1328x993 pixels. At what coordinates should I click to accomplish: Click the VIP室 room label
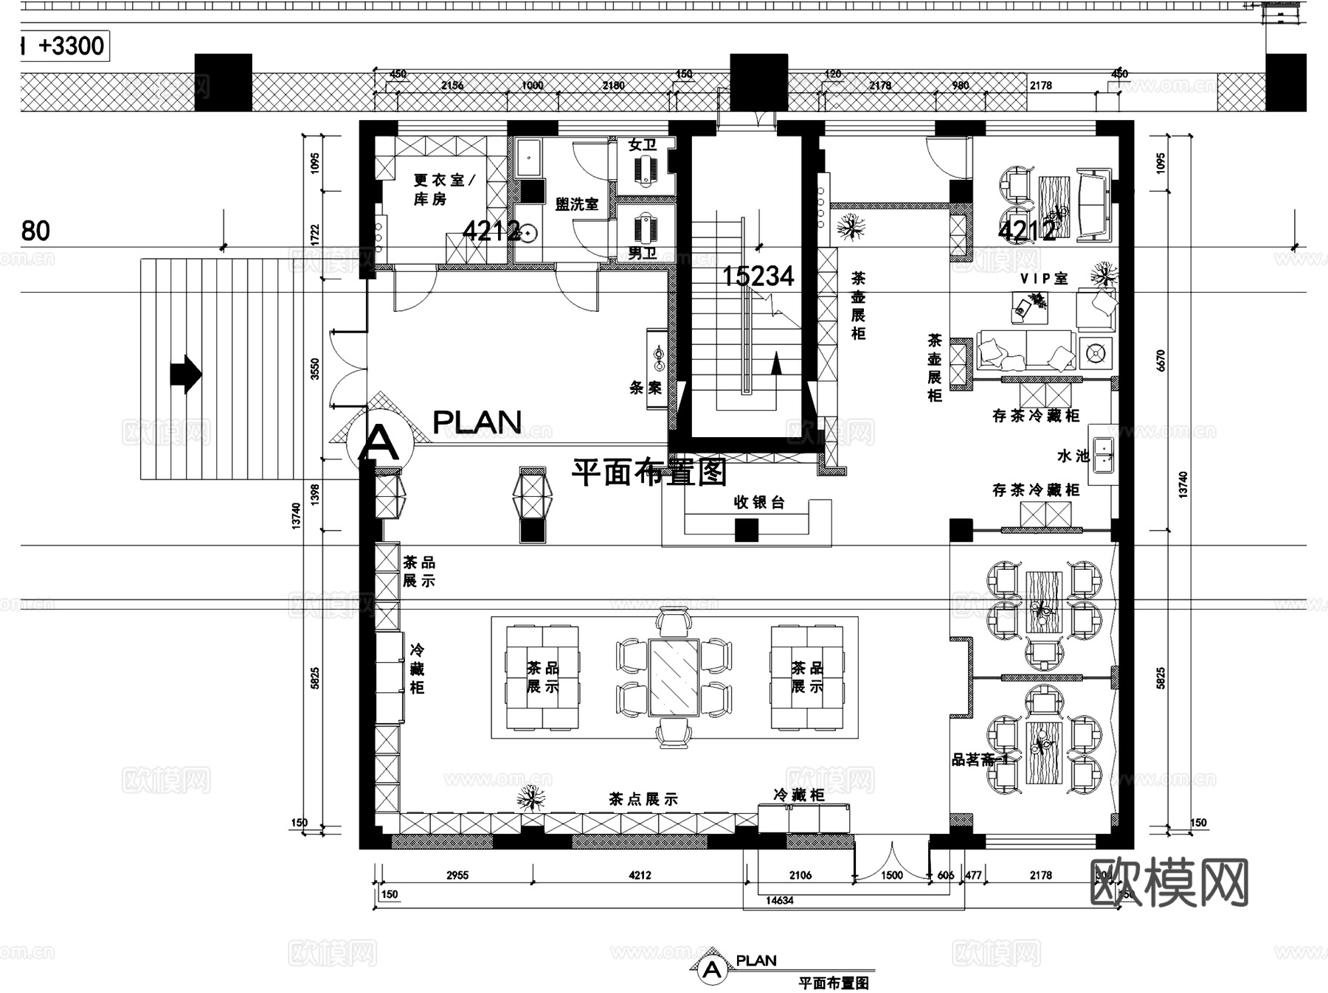tap(1044, 279)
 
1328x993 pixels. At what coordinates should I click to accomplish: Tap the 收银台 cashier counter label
tap(758, 503)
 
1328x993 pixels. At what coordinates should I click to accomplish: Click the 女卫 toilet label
tap(642, 145)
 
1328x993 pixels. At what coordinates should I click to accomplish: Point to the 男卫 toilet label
tap(642, 254)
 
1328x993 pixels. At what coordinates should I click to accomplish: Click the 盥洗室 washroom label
tap(577, 204)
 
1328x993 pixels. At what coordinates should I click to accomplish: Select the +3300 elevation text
tap(71, 46)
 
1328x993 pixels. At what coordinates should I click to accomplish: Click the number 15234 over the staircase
tap(758, 276)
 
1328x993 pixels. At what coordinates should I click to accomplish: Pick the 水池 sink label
tap(1073, 456)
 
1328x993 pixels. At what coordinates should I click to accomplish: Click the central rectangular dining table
tap(674, 677)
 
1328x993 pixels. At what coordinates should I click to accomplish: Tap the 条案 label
tap(646, 388)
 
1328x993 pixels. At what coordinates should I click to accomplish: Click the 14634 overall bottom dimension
tap(779, 900)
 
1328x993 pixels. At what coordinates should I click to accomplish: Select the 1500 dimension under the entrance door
tap(891, 875)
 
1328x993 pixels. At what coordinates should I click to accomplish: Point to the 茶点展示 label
tap(643, 799)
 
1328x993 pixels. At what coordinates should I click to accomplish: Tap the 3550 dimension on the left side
tap(315, 369)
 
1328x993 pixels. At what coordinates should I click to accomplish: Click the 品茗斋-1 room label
tap(979, 760)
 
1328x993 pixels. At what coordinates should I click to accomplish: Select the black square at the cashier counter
tap(746, 529)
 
